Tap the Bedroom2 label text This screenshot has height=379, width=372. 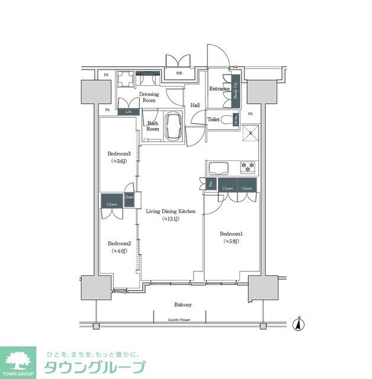[x=118, y=243]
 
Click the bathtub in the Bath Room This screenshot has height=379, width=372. [x=175, y=126]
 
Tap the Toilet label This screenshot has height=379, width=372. [x=214, y=120]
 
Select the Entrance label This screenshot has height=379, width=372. [x=219, y=89]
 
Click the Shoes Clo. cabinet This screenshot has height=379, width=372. [x=235, y=89]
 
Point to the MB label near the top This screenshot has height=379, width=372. [x=179, y=74]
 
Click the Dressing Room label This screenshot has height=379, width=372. [x=147, y=97]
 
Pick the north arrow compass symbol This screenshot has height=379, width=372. [x=299, y=324]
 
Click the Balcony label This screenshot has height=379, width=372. [x=182, y=304]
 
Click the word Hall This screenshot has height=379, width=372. [x=194, y=105]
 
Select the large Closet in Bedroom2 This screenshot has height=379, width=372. [x=111, y=202]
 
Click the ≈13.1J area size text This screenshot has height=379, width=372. [x=171, y=219]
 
